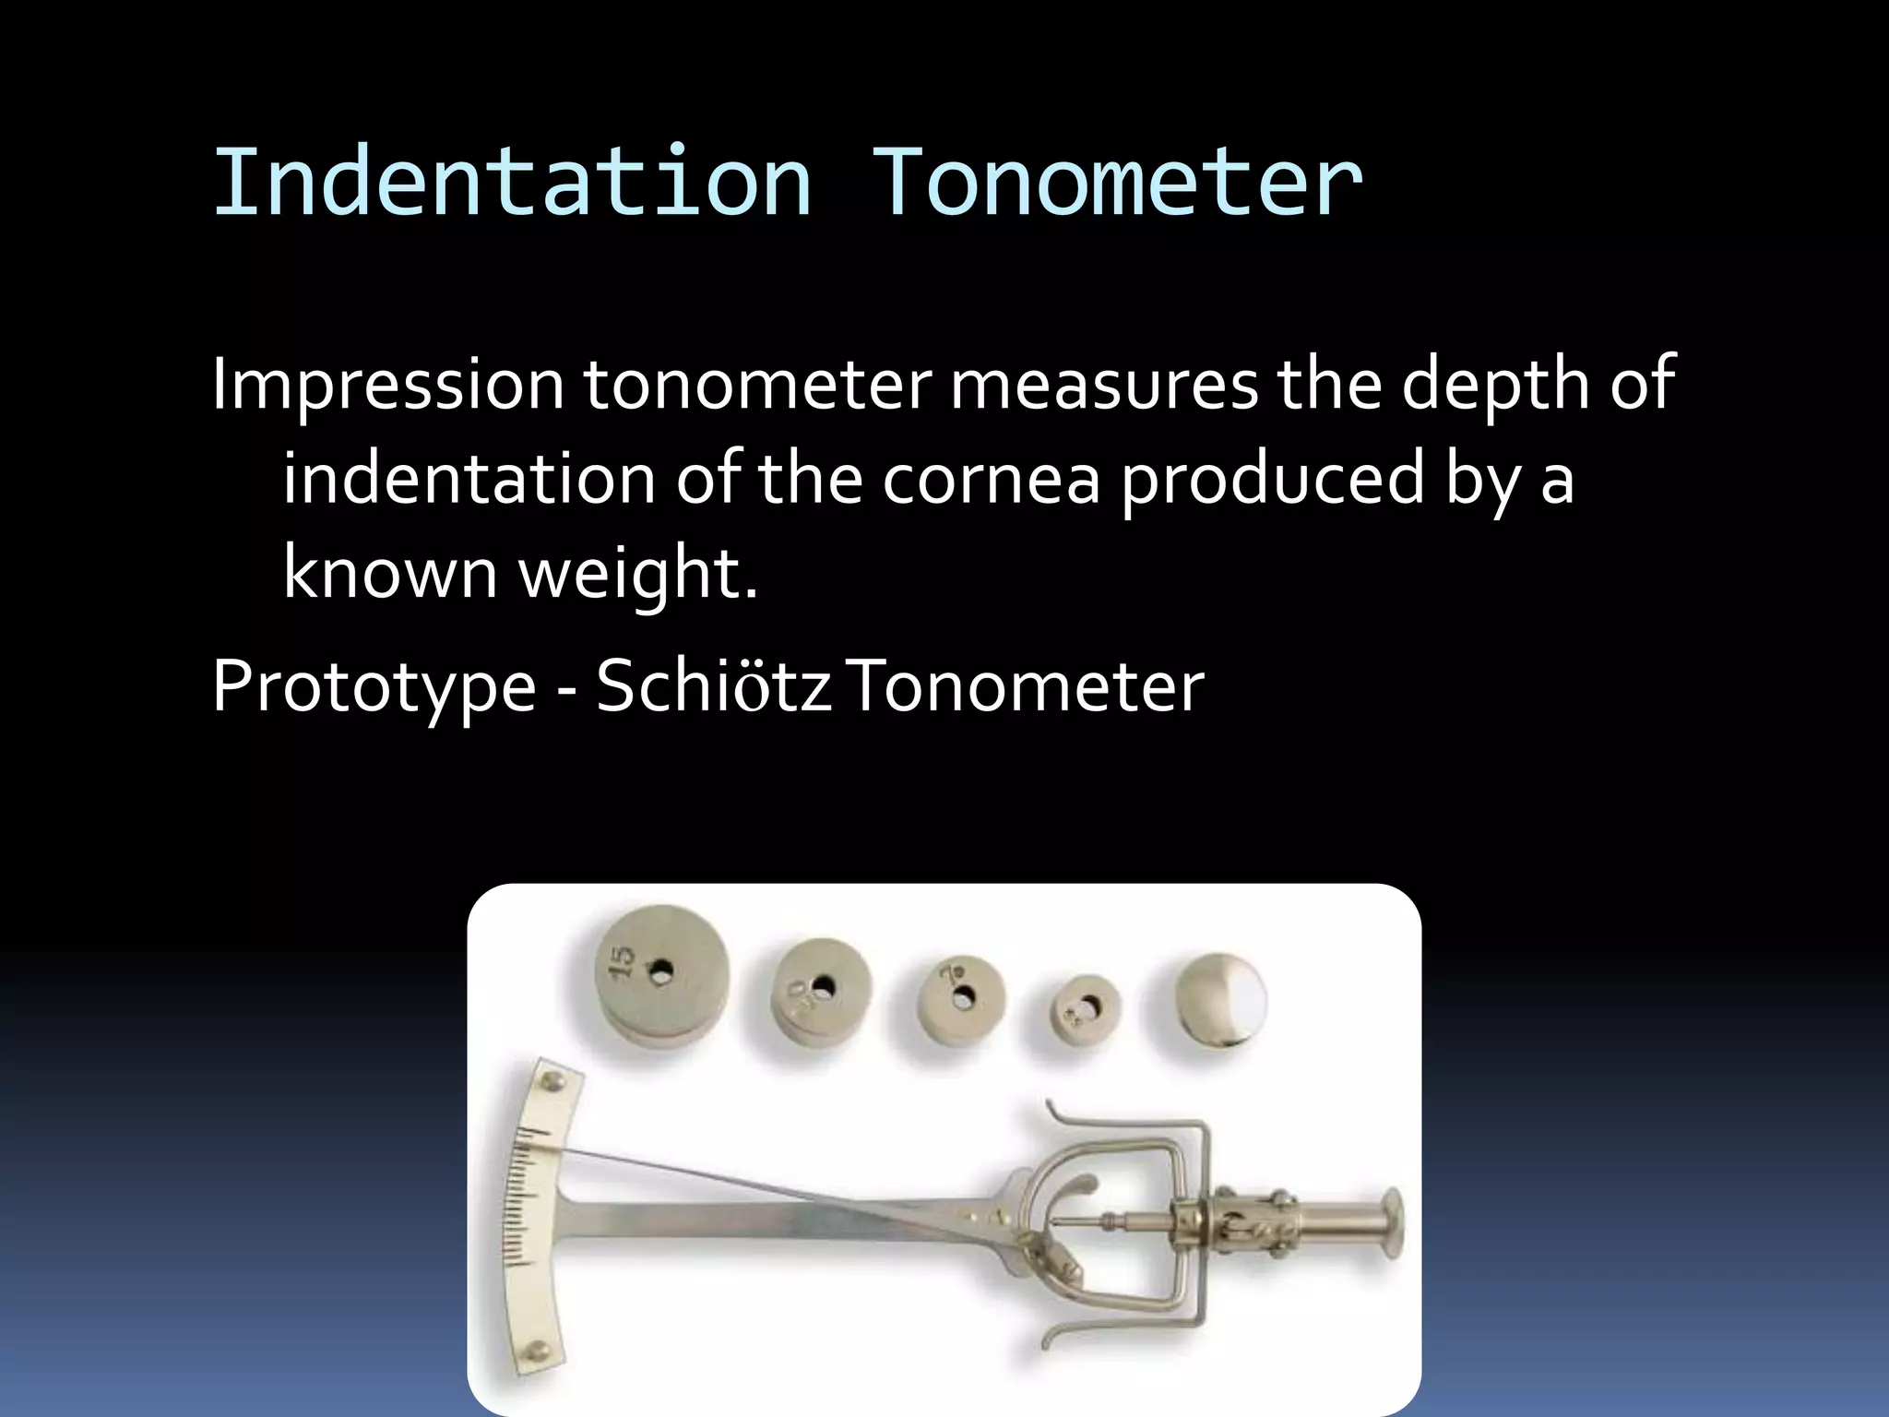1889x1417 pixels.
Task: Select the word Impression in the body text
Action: (387, 384)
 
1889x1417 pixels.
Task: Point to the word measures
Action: (1104, 384)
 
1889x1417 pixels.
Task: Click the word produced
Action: (1273, 479)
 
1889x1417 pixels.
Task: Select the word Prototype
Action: (374, 687)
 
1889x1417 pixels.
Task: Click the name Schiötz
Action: (713, 687)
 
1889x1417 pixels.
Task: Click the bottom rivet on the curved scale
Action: (536, 1352)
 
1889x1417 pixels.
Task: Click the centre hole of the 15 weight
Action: (661, 970)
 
